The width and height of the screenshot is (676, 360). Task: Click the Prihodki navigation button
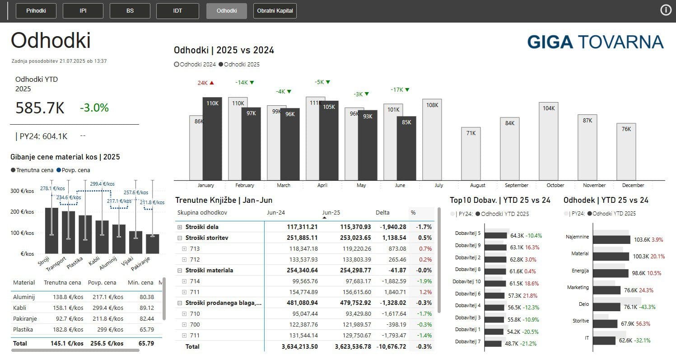tap(36, 11)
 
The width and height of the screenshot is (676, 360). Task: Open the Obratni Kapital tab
tap(275, 11)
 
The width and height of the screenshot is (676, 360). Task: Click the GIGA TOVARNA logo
tap(595, 42)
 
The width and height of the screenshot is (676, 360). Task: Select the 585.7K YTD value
tap(40, 108)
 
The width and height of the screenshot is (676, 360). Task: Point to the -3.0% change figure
tap(94, 108)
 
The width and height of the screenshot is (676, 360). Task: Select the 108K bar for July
tap(432, 140)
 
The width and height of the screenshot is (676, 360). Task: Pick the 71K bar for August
tap(471, 154)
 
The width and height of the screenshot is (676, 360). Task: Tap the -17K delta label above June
tap(400, 90)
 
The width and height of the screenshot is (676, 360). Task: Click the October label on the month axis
tap(555, 185)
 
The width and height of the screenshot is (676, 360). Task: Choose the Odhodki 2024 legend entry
tap(195, 65)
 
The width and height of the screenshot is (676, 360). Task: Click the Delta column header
tap(382, 212)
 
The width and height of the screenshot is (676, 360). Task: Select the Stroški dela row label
tap(202, 227)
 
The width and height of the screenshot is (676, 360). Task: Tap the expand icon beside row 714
tap(184, 281)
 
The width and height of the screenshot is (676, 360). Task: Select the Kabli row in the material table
tap(20, 308)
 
